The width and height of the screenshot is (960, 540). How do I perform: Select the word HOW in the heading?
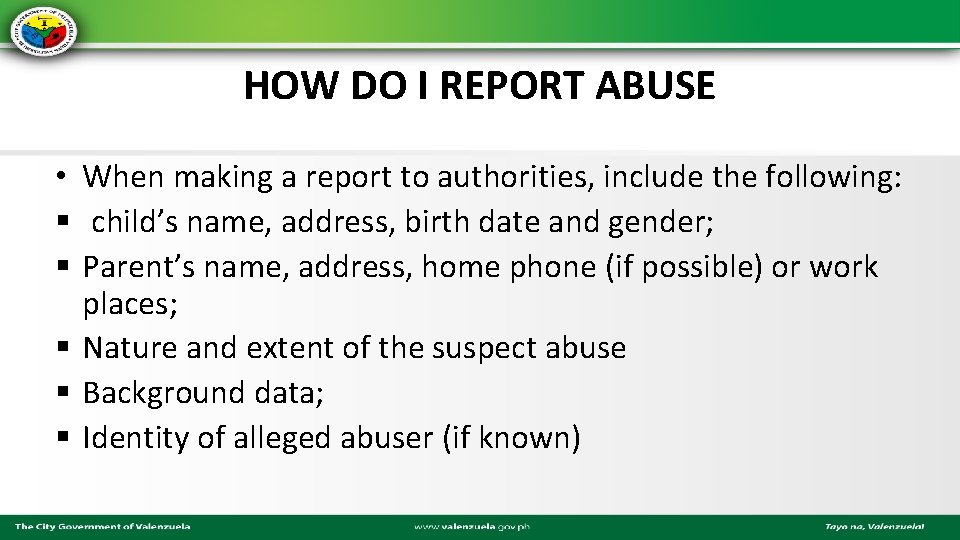point(283,87)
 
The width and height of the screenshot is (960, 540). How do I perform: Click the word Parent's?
point(136,267)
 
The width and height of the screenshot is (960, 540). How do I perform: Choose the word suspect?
point(478,348)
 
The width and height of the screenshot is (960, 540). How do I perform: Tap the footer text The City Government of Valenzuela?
point(102,526)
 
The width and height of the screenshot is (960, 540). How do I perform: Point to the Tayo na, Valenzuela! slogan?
point(874,526)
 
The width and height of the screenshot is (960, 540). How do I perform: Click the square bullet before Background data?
point(63,393)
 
